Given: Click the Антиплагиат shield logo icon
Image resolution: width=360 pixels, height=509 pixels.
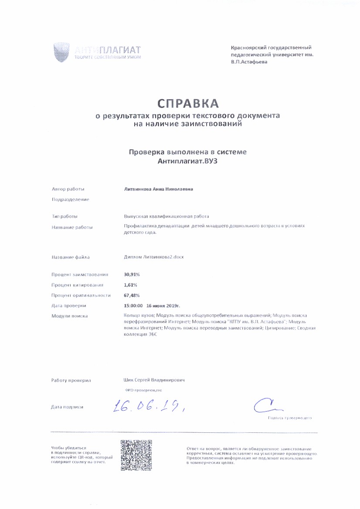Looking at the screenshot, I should [61, 52].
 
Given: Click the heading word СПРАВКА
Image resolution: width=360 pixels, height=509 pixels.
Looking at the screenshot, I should [187, 104].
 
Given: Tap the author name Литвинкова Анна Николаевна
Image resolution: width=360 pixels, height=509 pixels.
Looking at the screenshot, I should [159, 189].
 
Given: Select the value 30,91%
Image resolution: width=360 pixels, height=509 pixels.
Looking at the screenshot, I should [132, 275].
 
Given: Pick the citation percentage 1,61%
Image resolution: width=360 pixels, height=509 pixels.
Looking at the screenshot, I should [131, 285].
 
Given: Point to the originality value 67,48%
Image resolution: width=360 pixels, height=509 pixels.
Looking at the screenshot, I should [132, 295].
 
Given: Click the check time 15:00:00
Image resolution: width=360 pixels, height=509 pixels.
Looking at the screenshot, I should [133, 305].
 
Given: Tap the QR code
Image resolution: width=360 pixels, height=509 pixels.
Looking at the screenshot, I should [136, 455].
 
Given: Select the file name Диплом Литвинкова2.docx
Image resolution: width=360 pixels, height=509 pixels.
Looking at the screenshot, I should [154, 257].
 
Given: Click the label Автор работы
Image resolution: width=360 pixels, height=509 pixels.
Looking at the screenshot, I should [68, 189].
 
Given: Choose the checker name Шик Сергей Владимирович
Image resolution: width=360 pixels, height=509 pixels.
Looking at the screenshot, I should [154, 380].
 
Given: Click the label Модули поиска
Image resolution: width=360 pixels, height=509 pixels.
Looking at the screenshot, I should [70, 316].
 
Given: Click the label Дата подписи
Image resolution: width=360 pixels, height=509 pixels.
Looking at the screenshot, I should [67, 407].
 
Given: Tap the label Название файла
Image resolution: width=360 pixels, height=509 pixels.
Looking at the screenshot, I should [71, 257].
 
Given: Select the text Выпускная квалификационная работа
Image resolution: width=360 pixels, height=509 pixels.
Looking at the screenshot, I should [166, 216].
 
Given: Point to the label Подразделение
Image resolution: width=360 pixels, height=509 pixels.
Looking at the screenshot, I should [70, 199].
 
